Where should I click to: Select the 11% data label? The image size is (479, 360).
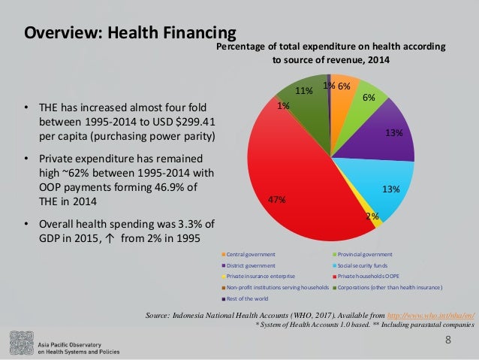pyautogui.click(x=303, y=91)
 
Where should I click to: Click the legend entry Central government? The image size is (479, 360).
pyautogui.click(x=251, y=255)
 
